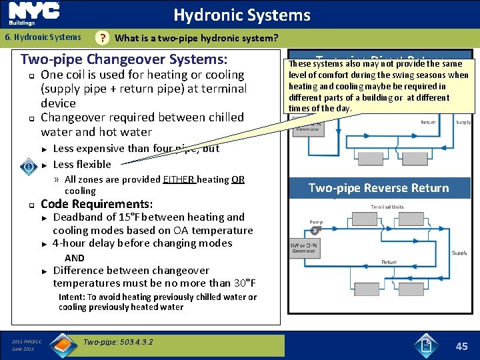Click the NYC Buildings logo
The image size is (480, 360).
click(x=33, y=14)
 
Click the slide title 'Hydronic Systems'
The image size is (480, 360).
click(x=241, y=15)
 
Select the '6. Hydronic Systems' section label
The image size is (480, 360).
click(x=43, y=37)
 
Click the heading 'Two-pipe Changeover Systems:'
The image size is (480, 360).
click(x=129, y=59)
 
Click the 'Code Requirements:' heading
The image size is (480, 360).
click(x=97, y=204)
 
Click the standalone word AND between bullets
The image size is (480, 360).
click(x=75, y=258)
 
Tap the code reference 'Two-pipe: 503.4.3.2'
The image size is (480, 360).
click(x=118, y=342)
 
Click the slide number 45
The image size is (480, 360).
click(x=461, y=346)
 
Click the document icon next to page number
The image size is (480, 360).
click(x=427, y=345)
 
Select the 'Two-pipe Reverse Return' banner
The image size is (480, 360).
click(x=378, y=188)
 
